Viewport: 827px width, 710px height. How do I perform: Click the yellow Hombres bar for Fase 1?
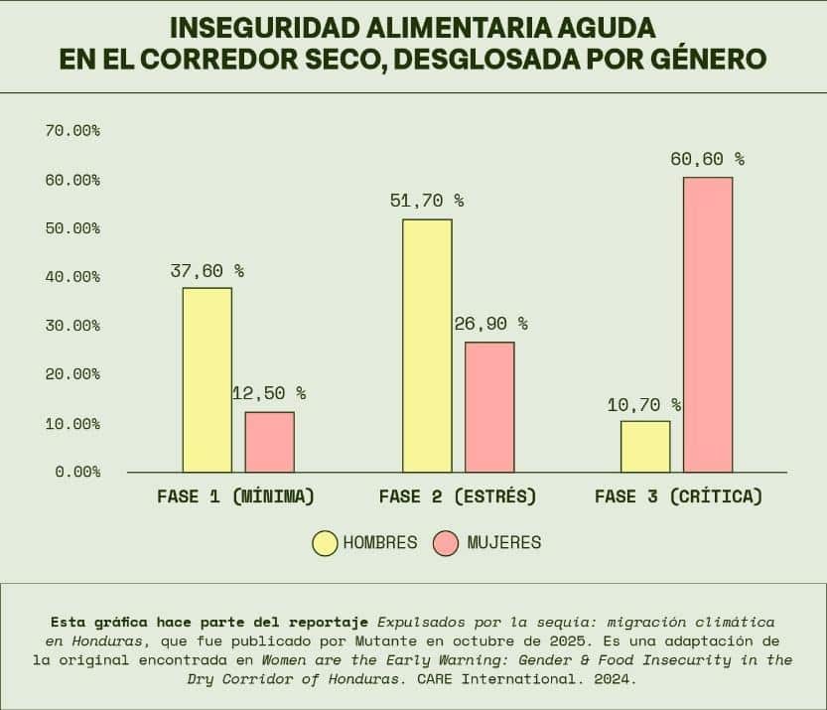207,379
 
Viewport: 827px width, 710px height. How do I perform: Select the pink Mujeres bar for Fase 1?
270,442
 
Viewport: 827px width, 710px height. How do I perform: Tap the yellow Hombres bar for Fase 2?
427,346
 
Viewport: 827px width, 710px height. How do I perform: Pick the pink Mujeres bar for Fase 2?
489,407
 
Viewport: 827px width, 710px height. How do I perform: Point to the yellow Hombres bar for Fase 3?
645,447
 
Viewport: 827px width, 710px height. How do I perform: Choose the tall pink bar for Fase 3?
708,325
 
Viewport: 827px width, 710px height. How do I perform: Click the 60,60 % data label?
707,159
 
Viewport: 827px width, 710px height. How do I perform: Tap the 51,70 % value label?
427,201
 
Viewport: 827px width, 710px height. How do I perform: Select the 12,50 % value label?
269,393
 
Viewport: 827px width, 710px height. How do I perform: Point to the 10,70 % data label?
644,404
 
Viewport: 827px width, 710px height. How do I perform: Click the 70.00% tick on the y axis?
72,131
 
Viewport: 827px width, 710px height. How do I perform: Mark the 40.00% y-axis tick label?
72,277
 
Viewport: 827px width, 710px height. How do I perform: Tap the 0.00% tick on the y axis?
77,472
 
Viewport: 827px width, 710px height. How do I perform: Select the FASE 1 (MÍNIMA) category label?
235,497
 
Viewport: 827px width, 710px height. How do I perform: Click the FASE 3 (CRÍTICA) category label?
678,497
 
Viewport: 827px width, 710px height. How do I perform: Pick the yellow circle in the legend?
325,543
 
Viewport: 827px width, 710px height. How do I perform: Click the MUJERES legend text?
503,543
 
